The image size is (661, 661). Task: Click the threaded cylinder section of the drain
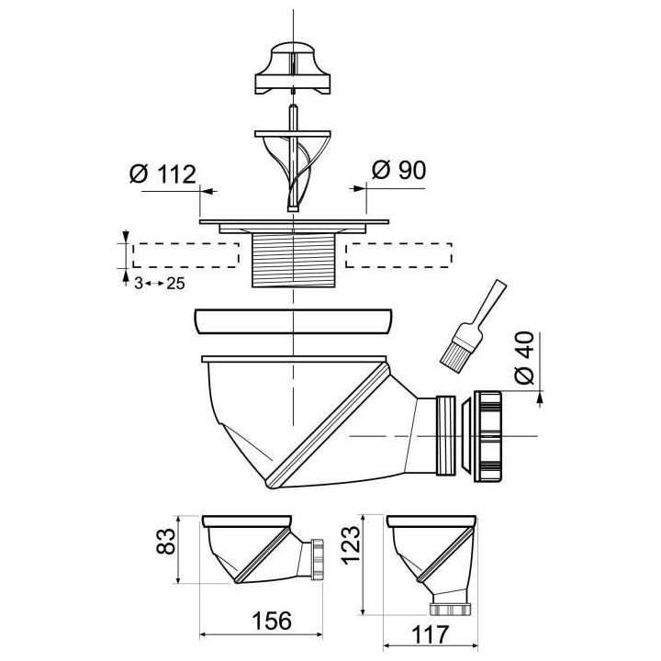click(x=294, y=260)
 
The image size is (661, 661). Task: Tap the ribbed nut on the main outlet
click(x=492, y=434)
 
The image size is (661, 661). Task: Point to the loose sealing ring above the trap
click(x=294, y=323)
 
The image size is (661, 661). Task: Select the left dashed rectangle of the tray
click(x=185, y=254)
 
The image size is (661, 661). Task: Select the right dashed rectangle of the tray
click(x=398, y=254)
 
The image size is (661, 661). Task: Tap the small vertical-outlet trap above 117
click(x=431, y=555)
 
